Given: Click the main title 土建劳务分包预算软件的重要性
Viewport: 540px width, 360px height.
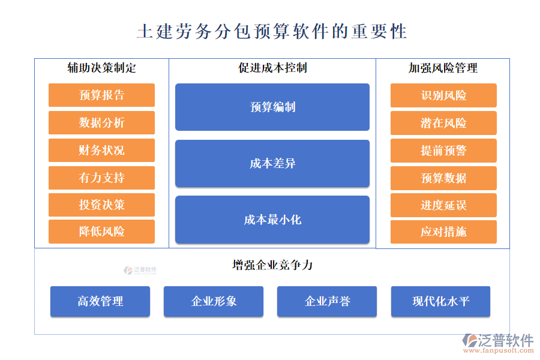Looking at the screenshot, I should pyautogui.click(x=272, y=31).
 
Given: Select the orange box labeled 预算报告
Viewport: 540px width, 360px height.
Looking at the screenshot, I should pyautogui.click(x=101, y=95).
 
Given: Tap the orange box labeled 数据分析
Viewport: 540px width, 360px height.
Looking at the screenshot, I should pyautogui.click(x=101, y=122).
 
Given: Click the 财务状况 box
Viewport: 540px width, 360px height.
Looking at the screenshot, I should pyautogui.click(x=101, y=150).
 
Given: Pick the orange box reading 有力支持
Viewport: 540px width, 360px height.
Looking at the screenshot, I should pyautogui.click(x=101, y=178).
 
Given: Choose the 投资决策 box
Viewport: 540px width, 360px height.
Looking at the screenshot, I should pyautogui.click(x=101, y=205).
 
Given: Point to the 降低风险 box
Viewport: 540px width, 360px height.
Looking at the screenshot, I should pyautogui.click(x=101, y=232).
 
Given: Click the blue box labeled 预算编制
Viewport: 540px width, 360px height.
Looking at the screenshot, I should pyautogui.click(x=272, y=107).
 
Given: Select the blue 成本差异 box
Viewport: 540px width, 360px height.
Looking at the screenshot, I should pyautogui.click(x=272, y=163).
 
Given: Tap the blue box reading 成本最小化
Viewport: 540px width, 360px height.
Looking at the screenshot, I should pyautogui.click(x=272, y=220).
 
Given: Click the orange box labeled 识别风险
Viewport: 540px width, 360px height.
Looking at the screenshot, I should pyautogui.click(x=443, y=95).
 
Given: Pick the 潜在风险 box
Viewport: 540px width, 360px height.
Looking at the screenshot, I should pyautogui.click(x=443, y=123).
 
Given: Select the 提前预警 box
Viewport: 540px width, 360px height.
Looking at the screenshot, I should pyautogui.click(x=443, y=151).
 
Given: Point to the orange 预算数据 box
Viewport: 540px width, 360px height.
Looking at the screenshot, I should pyautogui.click(x=443, y=178).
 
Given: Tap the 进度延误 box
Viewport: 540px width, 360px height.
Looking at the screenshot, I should pyautogui.click(x=443, y=205).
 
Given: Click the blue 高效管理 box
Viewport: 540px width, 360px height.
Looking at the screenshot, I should pyautogui.click(x=100, y=301).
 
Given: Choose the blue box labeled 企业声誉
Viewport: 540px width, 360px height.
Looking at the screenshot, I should pyautogui.click(x=327, y=301).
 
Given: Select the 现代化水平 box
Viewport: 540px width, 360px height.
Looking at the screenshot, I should pyautogui.click(x=440, y=301).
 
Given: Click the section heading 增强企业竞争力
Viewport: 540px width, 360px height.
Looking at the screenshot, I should pyautogui.click(x=272, y=265).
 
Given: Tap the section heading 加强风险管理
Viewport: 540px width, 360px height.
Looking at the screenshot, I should pyautogui.click(x=443, y=68).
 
